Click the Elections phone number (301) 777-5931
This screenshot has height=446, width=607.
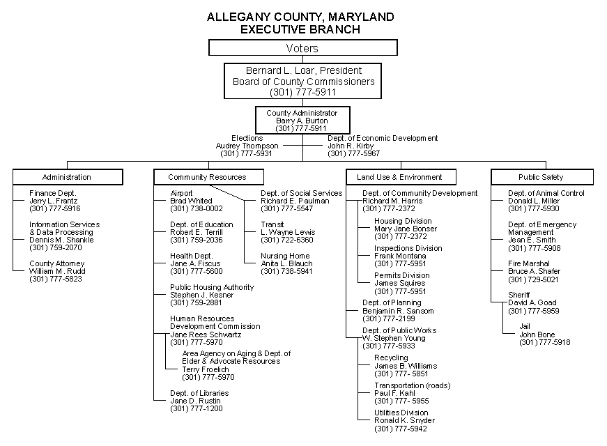click(x=246, y=154)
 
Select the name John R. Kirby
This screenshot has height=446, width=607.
click(x=351, y=146)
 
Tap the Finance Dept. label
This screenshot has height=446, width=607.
click(x=53, y=193)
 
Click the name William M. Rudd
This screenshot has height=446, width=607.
click(x=57, y=271)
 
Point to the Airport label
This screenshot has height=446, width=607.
click(x=181, y=193)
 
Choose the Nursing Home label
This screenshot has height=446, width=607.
click(x=285, y=256)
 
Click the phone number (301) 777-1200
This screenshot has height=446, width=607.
click(x=197, y=408)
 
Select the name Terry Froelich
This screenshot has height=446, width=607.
click(x=206, y=369)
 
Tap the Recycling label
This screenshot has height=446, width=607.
click(x=391, y=357)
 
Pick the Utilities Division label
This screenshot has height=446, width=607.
click(x=401, y=413)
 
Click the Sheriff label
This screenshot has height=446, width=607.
click(x=518, y=295)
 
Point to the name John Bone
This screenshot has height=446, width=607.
click(x=537, y=334)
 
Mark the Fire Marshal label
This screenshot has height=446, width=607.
click(x=529, y=263)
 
